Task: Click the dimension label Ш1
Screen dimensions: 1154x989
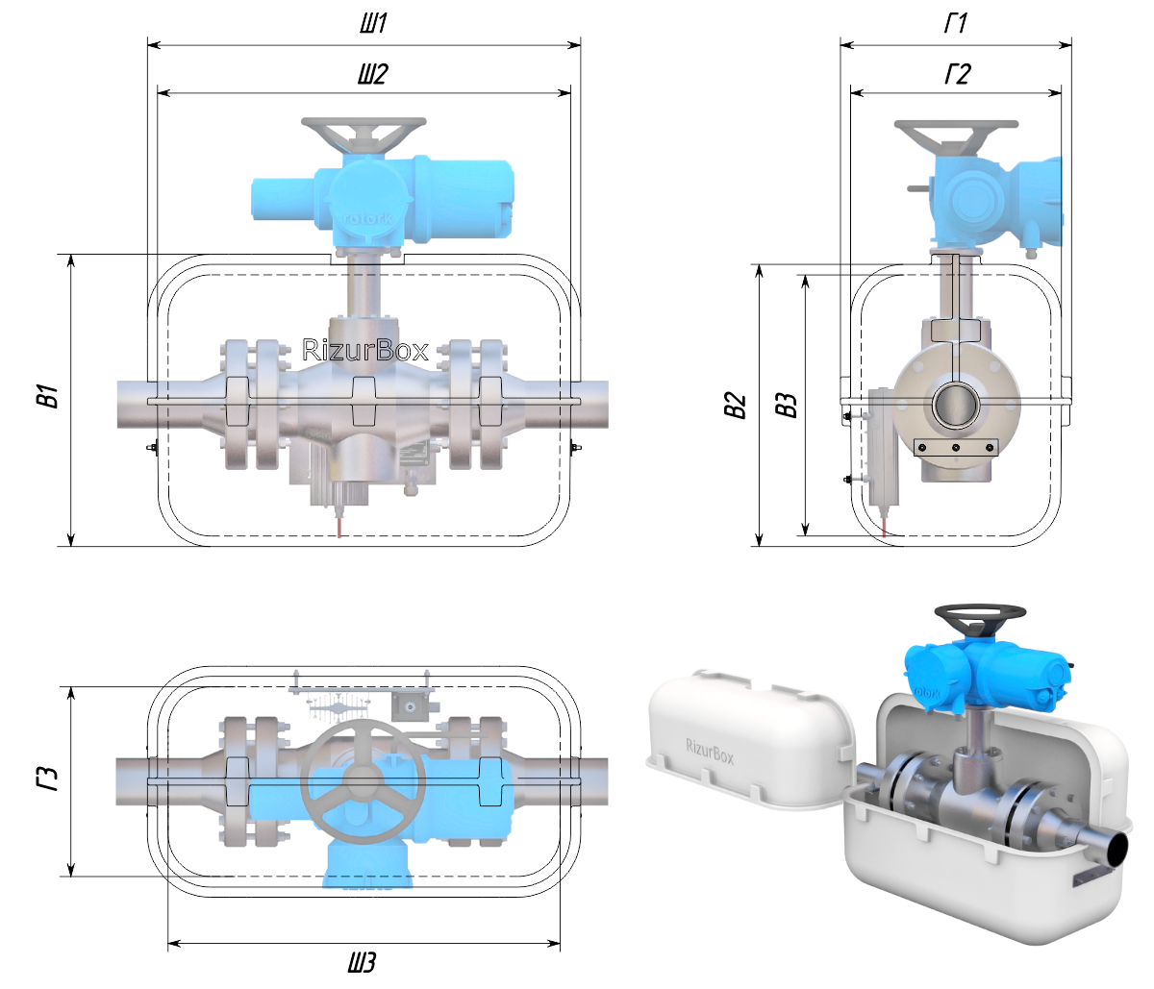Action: (373, 23)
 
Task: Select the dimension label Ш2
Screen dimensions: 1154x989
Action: (373, 74)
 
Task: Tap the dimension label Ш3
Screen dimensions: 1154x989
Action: (362, 962)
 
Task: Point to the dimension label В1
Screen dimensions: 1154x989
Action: (51, 396)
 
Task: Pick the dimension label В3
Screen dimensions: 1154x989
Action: (787, 406)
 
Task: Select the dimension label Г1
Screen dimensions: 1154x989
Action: (956, 23)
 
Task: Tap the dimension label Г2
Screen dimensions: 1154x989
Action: (958, 74)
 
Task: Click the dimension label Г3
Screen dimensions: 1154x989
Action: (48, 779)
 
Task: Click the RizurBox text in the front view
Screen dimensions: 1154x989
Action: (365, 350)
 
